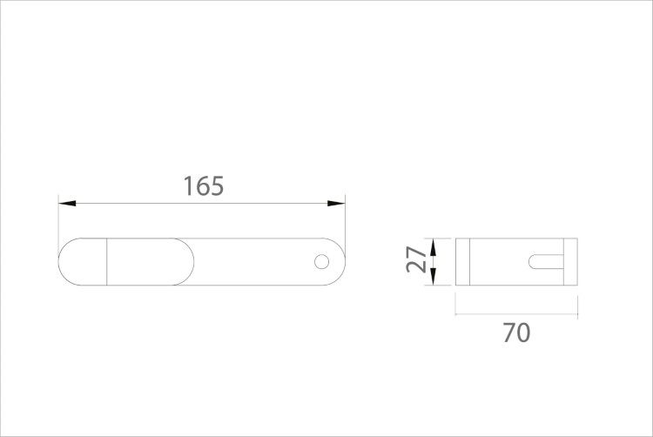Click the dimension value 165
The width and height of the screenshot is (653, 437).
(x=204, y=186)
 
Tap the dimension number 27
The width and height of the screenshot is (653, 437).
(x=416, y=259)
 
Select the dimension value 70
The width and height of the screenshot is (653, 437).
(x=516, y=333)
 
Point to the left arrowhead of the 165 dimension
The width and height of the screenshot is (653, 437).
(x=67, y=203)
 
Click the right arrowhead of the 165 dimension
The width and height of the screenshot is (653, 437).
(x=336, y=203)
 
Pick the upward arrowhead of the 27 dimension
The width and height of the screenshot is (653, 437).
(x=433, y=247)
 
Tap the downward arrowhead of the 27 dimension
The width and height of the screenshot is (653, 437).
(x=433, y=277)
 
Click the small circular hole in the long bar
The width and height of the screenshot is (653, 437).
(x=321, y=262)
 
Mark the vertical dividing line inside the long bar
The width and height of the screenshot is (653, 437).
(x=107, y=262)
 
